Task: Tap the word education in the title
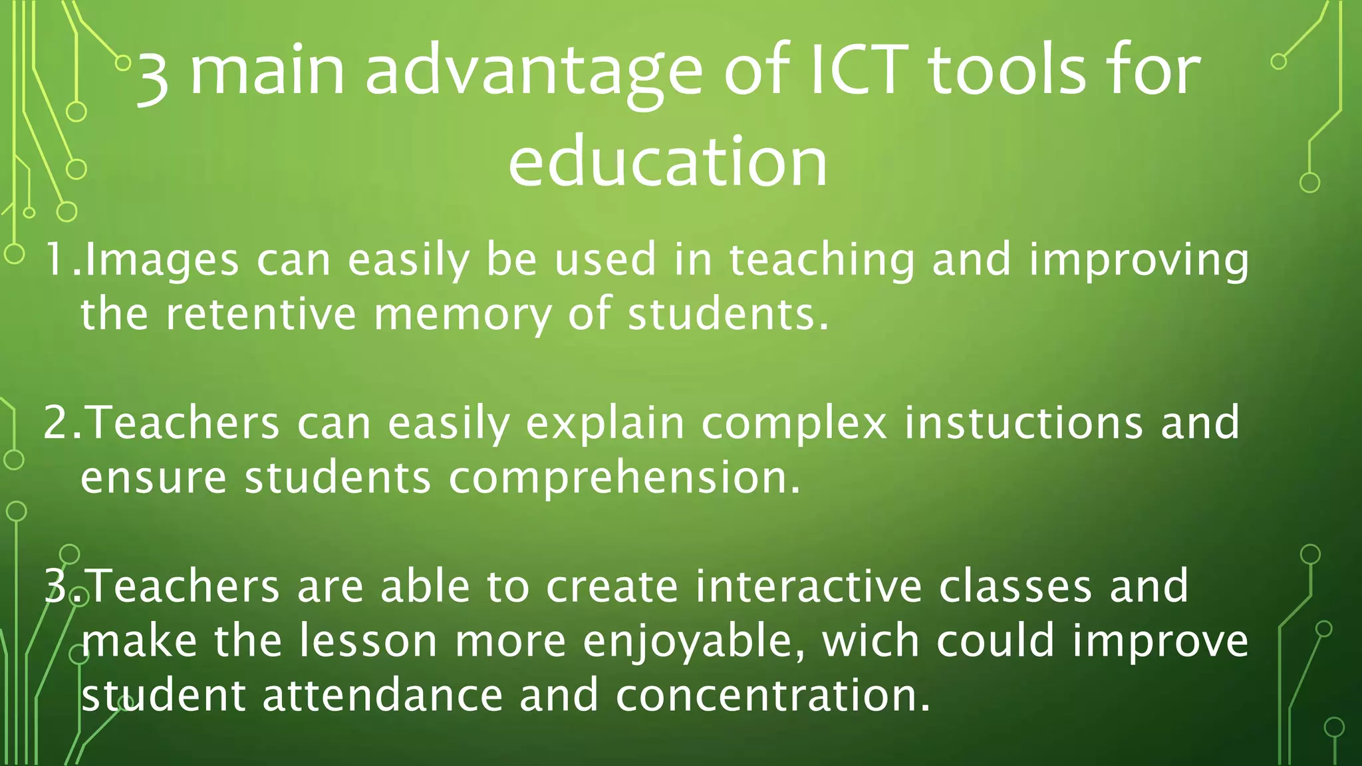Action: (668, 162)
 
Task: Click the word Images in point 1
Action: (162, 261)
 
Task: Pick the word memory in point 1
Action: (462, 315)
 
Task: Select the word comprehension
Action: (624, 479)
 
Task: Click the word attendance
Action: (383, 696)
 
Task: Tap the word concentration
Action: (773, 696)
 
